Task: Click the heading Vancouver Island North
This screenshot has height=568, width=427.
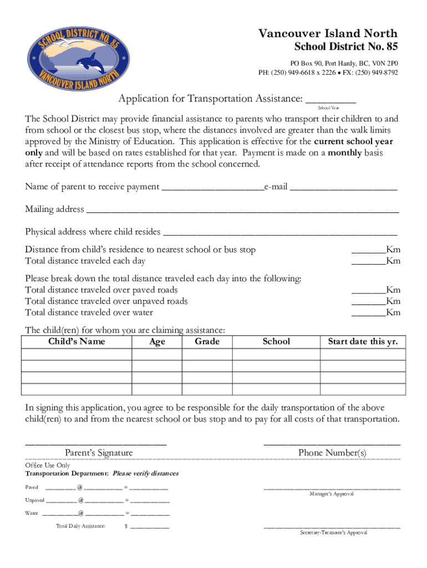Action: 328,34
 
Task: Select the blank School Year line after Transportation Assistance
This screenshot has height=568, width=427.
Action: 331,100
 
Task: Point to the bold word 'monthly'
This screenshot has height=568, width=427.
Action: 345,153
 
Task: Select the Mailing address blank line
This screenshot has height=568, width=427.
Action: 242,210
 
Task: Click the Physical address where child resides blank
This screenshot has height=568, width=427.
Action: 281,232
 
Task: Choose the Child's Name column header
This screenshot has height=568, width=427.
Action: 77,342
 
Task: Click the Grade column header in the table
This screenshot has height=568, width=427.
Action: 207,342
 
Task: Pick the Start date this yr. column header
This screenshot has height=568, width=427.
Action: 363,342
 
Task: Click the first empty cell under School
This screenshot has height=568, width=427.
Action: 276,354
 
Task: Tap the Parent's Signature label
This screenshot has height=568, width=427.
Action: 99,453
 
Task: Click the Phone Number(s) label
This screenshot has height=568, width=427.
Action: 332,453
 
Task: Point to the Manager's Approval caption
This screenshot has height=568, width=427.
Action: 332,494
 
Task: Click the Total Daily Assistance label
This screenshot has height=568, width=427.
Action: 80,526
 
